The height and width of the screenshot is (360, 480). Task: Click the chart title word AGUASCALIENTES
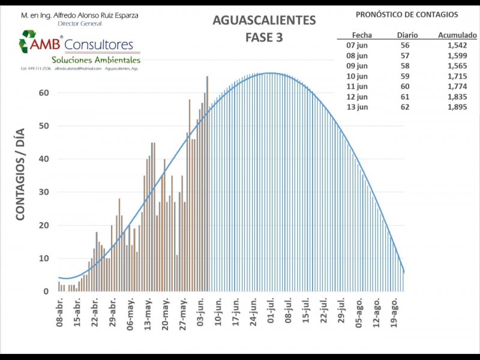pyautogui.click(x=264, y=20)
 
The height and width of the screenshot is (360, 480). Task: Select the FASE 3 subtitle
pyautogui.click(x=264, y=37)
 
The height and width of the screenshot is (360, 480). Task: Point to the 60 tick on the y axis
pyautogui.click(x=44, y=92)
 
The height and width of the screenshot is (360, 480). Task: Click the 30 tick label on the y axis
pyautogui.click(x=44, y=192)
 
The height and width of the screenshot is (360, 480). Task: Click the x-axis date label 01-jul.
pyautogui.click(x=271, y=313)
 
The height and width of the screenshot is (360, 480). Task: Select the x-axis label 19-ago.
pyautogui.click(x=395, y=313)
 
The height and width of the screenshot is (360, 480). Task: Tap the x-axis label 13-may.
pyautogui.click(x=147, y=313)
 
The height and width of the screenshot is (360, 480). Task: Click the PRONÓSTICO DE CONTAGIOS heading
pyautogui.click(x=407, y=14)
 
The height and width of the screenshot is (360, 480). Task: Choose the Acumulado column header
pyautogui.click(x=457, y=35)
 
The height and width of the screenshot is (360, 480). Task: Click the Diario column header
pyautogui.click(x=407, y=35)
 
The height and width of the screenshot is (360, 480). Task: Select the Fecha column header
pyautogui.click(x=362, y=35)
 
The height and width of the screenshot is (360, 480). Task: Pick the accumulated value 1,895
pyautogui.click(x=457, y=107)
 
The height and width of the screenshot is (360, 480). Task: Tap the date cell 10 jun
pyautogui.click(x=358, y=76)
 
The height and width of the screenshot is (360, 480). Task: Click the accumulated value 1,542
pyautogui.click(x=457, y=45)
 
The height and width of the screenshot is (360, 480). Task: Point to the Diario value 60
pyautogui.click(x=406, y=86)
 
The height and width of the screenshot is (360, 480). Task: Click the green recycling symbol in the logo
pyautogui.click(x=28, y=42)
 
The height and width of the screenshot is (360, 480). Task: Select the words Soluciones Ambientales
pyautogui.click(x=96, y=60)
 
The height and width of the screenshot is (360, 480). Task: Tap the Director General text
pyautogui.click(x=80, y=23)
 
